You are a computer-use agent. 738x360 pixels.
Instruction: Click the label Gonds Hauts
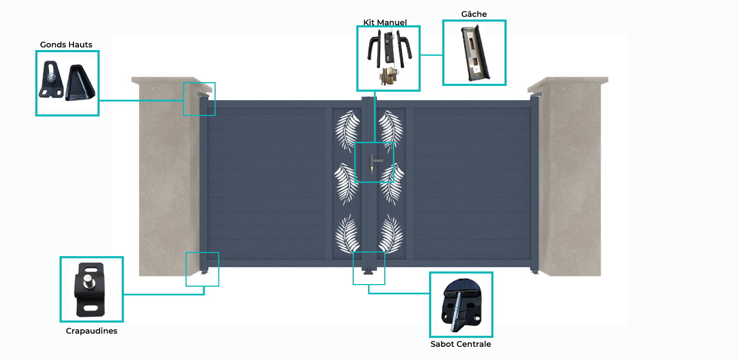click(x=66, y=45)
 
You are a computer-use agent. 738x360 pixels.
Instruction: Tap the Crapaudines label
click(x=92, y=331)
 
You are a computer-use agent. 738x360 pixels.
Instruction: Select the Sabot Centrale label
click(x=461, y=344)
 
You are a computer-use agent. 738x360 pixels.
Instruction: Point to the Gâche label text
click(x=474, y=14)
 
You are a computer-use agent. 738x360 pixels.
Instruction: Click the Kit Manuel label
click(x=385, y=22)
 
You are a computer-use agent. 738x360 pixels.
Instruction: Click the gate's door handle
click(x=374, y=163)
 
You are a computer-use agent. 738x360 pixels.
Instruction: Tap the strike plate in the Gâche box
click(x=474, y=53)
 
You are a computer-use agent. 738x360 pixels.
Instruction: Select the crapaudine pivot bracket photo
click(x=90, y=289)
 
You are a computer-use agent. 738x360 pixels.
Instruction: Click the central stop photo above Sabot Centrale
click(x=461, y=305)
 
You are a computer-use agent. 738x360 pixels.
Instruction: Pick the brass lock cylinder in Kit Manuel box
click(x=389, y=76)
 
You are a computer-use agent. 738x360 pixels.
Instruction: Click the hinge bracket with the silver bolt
click(x=51, y=80)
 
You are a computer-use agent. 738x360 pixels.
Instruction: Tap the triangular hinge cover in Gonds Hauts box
click(x=80, y=82)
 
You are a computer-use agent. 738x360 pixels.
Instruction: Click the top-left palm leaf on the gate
click(x=347, y=131)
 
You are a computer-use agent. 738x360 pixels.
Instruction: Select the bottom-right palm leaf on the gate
click(x=391, y=234)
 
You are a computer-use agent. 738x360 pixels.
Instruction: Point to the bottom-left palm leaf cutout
click(x=347, y=234)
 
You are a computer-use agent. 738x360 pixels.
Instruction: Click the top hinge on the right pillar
click(x=535, y=95)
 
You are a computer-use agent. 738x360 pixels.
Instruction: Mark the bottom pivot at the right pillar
click(x=535, y=272)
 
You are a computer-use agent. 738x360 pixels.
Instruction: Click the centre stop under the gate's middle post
click(x=368, y=272)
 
